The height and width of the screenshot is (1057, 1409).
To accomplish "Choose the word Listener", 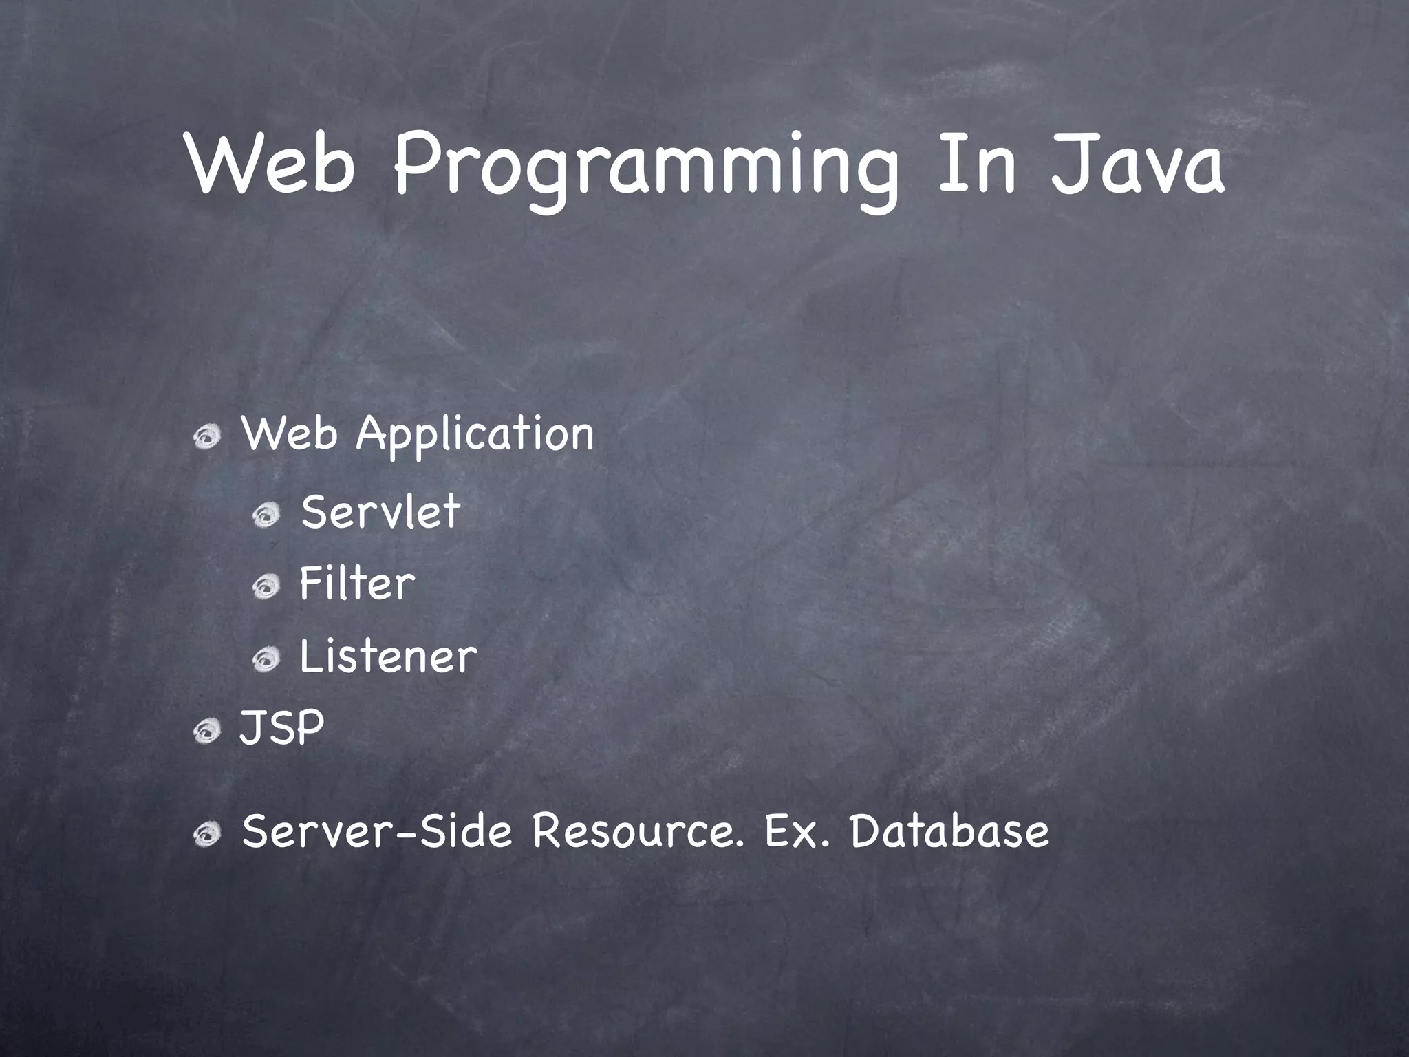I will coord(388,656).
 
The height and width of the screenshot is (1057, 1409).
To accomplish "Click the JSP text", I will coord(281,727).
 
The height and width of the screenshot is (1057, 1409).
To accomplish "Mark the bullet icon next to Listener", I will coord(266,661).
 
